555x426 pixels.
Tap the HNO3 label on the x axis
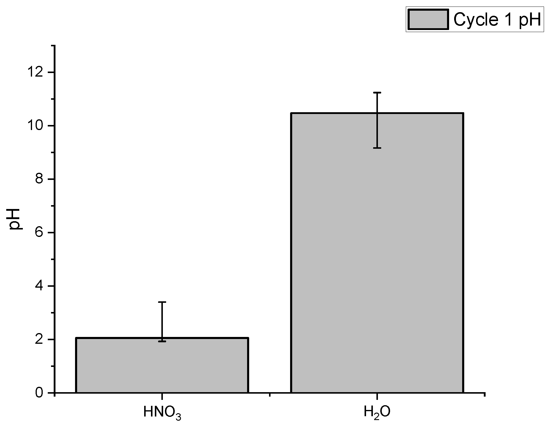162,413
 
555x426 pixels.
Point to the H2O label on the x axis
377,412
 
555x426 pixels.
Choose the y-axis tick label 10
36,126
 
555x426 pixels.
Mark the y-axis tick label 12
36,72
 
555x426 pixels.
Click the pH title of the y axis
15,219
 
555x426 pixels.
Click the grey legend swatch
428,20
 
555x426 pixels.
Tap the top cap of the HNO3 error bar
162,302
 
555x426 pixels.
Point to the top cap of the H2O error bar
377,93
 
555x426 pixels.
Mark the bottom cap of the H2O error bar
377,148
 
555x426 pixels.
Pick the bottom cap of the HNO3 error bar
162,341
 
